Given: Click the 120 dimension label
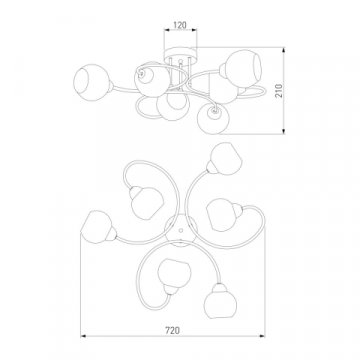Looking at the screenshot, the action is pyautogui.click(x=180, y=25).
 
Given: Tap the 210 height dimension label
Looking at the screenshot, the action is pyautogui.click(x=279, y=90).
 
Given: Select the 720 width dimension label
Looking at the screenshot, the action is pyautogui.click(x=173, y=330).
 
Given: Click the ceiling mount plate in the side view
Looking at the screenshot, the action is pyautogui.click(x=180, y=53).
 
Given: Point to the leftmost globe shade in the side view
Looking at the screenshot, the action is pyautogui.click(x=92, y=82).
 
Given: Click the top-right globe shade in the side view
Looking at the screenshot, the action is pyautogui.click(x=243, y=69).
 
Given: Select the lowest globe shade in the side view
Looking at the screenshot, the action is pyautogui.click(x=212, y=119).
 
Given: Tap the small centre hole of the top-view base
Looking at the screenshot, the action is pyautogui.click(x=181, y=230).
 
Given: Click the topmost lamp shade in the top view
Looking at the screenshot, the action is pyautogui.click(x=225, y=159).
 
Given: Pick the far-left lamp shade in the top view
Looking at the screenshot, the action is pyautogui.click(x=98, y=227).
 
